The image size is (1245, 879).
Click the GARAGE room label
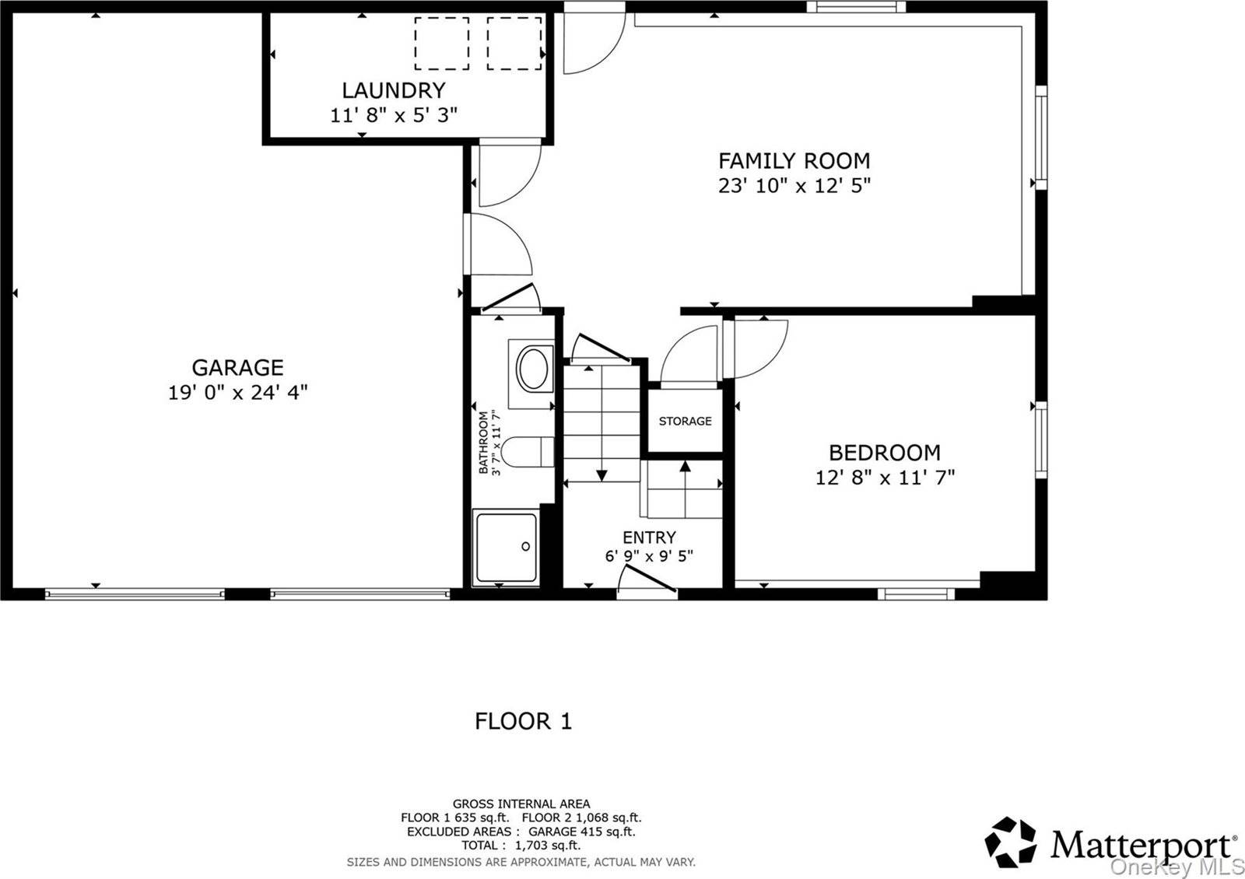[x=238, y=368]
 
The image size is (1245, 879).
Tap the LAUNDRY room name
[x=394, y=90]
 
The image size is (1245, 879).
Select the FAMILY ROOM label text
[x=794, y=161]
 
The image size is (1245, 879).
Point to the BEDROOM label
[x=885, y=453]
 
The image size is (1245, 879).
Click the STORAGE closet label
[x=686, y=421]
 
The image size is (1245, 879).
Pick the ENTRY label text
[x=649, y=538]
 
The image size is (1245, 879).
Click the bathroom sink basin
[x=533, y=369]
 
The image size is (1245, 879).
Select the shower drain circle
[x=525, y=547]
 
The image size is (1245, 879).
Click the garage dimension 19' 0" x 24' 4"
[x=238, y=393]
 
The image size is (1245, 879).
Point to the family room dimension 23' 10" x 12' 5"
[x=794, y=186]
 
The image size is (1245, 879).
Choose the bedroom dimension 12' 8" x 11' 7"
[x=885, y=478]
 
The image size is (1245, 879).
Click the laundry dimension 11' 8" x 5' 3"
[x=394, y=116]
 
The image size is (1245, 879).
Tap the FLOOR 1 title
[x=523, y=721]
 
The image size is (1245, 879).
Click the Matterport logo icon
[x=1010, y=842]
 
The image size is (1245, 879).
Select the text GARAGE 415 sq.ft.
[x=581, y=832]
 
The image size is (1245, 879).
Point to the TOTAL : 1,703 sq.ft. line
[x=521, y=846]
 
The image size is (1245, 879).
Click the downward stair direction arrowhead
[x=601, y=475]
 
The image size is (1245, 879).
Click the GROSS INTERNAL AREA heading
[x=521, y=804]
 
